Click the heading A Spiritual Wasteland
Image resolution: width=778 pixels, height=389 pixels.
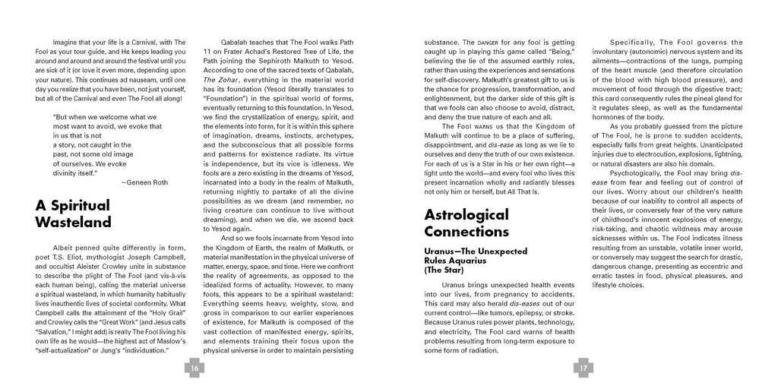coord(73,213)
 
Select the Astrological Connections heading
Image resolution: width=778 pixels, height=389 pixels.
coord(466,223)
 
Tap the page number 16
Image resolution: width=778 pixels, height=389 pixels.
coord(194,368)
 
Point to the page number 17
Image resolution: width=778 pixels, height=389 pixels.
coord(583,368)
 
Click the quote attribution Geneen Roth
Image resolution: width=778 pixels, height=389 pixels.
coord(144,182)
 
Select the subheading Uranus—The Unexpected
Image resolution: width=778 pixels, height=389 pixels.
coord(475,250)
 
